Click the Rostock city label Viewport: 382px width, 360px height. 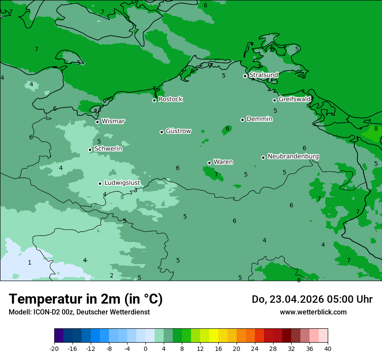point(170,99)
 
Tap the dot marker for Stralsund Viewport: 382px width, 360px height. point(245,76)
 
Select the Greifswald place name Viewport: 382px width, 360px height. point(294,99)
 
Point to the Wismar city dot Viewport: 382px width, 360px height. point(97,122)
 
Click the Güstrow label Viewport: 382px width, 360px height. point(178,131)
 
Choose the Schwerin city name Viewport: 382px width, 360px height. point(108,149)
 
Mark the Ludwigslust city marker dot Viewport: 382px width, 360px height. point(100,183)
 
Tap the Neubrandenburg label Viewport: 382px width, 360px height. point(293,157)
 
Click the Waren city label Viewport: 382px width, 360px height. point(223,162)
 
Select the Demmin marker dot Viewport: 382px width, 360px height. point(242,120)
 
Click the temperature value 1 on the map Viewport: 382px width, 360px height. point(30,262)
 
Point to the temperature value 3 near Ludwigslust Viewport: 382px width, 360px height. point(135,190)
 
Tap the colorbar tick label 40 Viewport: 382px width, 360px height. point(328,348)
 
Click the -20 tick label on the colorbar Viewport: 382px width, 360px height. point(54,348)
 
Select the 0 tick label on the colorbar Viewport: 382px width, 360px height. point(145,348)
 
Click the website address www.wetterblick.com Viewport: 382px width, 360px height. point(313,312)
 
